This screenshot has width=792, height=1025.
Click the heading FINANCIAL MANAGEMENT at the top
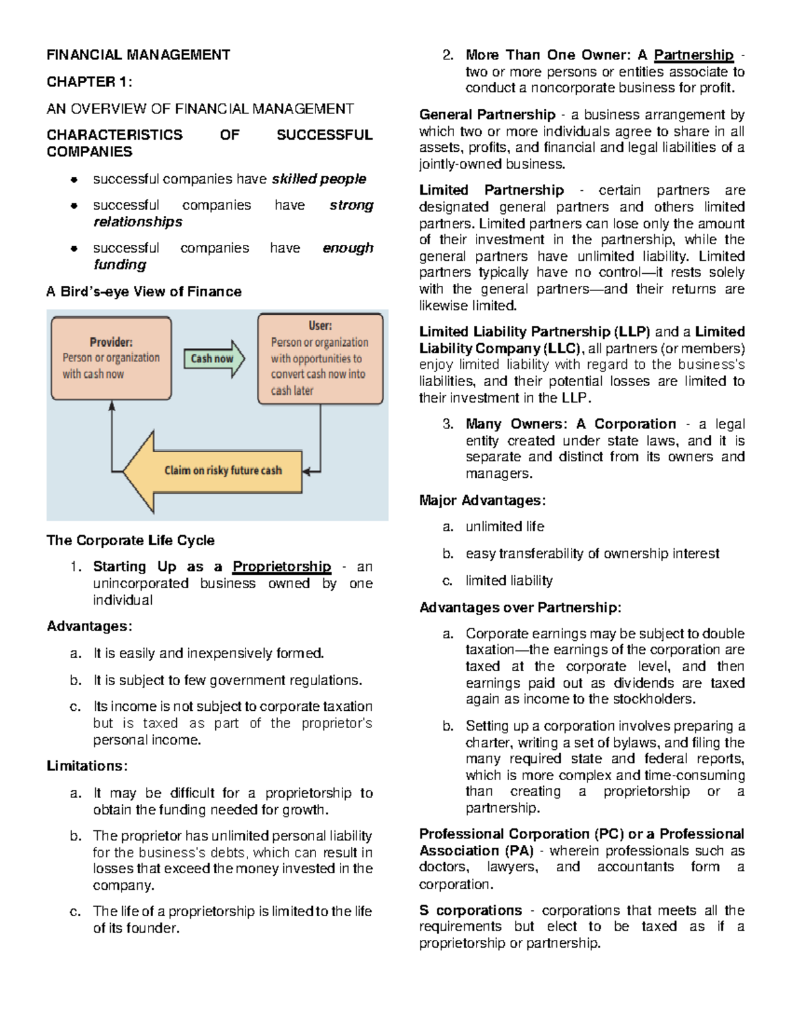(x=138, y=55)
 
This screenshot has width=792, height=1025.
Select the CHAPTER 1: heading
(x=89, y=82)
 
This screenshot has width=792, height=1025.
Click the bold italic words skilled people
(x=319, y=179)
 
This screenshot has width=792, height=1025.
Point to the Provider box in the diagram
(x=111, y=358)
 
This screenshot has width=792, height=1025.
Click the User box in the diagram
(x=320, y=358)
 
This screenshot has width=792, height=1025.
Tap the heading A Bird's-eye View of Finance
(x=144, y=292)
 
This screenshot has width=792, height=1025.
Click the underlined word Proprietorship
(x=282, y=567)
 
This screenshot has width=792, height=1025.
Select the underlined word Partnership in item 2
(x=694, y=55)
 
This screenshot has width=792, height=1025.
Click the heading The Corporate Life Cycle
(x=131, y=541)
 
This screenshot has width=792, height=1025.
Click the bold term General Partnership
(x=487, y=115)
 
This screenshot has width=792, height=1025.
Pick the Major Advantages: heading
(x=482, y=500)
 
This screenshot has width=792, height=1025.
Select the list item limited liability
(x=509, y=581)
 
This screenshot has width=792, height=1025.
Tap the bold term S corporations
(x=471, y=911)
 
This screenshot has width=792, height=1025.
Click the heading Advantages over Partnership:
(x=520, y=608)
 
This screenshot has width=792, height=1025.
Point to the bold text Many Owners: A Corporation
(x=570, y=424)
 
